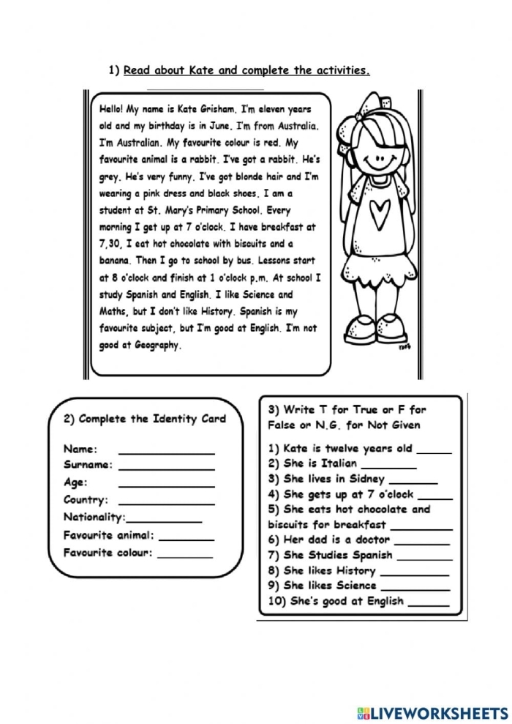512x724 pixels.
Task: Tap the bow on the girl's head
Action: tap(364, 109)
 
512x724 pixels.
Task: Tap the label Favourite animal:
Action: tap(109, 535)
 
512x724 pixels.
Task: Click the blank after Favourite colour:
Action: tap(185, 555)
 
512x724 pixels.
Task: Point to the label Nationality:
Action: tap(94, 518)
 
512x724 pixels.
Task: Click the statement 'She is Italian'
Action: tap(312, 463)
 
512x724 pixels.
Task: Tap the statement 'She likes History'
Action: tap(322, 570)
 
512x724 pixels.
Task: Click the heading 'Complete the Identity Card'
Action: tap(145, 419)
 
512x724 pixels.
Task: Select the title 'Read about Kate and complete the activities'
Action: tap(246, 71)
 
